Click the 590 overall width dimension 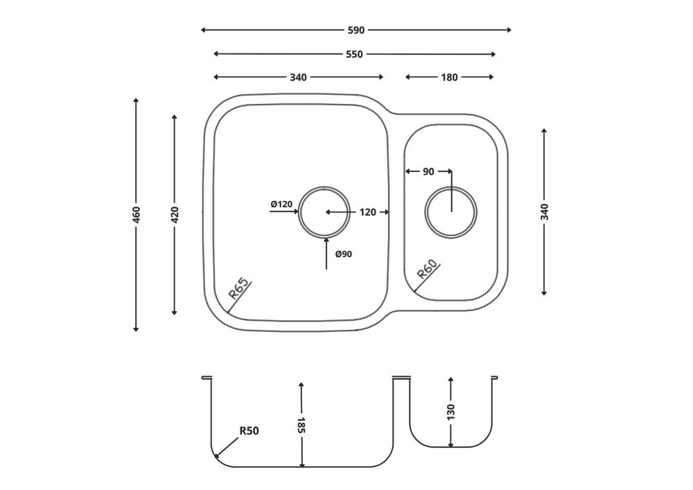[356, 30]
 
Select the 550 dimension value [354, 54]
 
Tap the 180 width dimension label [449, 78]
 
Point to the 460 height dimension [136, 215]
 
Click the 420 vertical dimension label [175, 215]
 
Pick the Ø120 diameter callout [281, 204]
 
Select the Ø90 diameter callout [344, 254]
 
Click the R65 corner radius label [239, 290]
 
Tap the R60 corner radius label [428, 269]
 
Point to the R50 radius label [249, 430]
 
